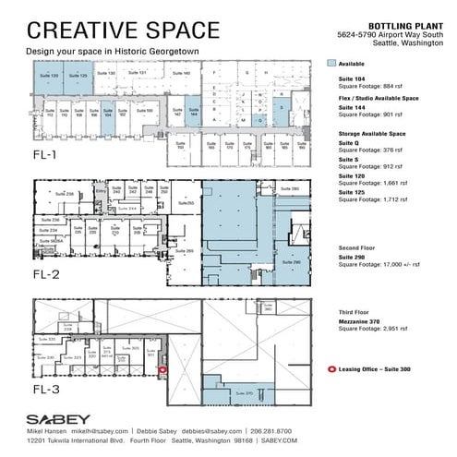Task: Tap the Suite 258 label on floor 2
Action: pos(64,194)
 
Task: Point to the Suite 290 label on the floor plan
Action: pos(295,263)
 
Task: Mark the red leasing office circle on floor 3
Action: pos(162,370)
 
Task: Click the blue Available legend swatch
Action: pos(333,65)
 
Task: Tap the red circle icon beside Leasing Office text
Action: pos(332,368)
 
